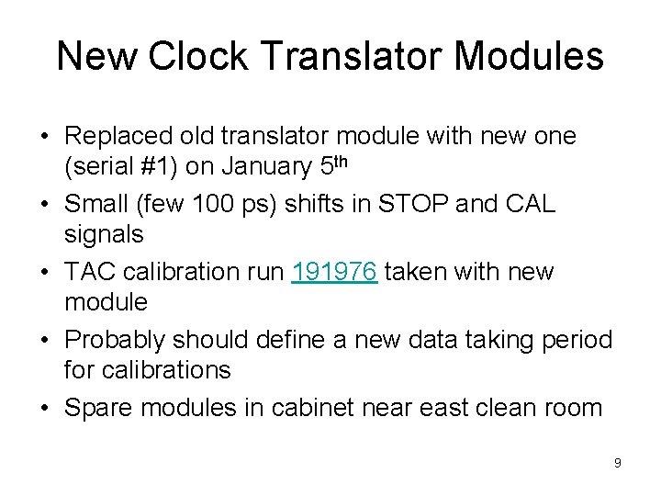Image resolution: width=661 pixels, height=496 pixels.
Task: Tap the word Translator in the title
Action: pos(346,57)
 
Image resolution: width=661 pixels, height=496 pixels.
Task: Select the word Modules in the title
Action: pos(528,57)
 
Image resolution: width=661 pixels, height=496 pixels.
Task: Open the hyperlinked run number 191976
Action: pos(334,272)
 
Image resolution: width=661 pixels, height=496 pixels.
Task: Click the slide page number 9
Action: pos(618,463)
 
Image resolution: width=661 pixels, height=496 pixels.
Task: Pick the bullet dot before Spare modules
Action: pos(45,408)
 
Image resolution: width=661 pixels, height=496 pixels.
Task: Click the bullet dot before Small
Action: pos(45,204)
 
